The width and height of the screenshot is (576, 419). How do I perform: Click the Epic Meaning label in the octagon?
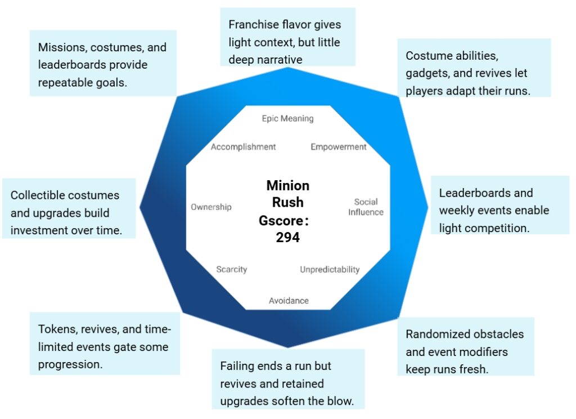287,119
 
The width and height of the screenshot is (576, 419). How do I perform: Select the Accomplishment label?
243,147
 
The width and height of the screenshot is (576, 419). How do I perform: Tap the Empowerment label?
338,147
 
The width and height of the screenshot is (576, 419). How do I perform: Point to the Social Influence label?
366,207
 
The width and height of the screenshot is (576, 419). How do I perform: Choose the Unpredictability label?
329,269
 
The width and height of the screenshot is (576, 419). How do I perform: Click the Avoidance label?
289,300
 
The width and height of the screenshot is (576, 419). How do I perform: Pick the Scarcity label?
231,269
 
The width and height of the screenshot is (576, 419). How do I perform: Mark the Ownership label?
211,207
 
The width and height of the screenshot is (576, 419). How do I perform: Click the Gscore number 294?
287,237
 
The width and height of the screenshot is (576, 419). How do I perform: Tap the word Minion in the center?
287,186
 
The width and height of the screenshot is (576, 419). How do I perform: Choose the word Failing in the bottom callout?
238,366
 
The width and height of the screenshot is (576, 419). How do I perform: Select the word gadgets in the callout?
426,73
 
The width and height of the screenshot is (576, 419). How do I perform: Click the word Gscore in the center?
281,220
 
